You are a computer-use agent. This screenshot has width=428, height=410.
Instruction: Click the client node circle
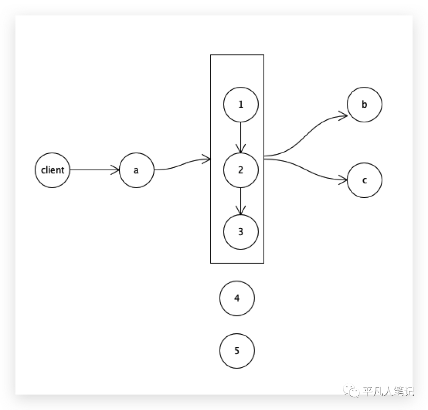(x=52, y=170)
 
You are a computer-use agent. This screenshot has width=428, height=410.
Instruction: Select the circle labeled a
(x=136, y=170)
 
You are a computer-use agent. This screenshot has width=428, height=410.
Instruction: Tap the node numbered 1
(x=241, y=105)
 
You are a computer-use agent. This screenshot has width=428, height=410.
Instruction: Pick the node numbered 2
(x=241, y=170)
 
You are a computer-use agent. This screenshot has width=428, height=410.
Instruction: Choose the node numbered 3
(x=241, y=232)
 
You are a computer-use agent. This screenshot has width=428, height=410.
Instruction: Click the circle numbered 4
(x=237, y=298)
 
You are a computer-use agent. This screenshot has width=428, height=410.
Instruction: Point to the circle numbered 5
(x=237, y=351)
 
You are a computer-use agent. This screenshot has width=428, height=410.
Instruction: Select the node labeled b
(x=365, y=105)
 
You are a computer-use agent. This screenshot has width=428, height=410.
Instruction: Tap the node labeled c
(x=365, y=180)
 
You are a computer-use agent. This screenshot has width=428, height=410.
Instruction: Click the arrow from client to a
(x=94, y=170)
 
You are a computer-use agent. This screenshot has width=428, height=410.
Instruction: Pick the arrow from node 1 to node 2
(x=241, y=137)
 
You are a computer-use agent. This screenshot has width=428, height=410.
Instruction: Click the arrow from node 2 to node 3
(x=241, y=201)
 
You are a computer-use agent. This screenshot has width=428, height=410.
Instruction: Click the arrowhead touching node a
(x=115, y=170)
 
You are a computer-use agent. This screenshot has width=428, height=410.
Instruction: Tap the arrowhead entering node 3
(x=241, y=211)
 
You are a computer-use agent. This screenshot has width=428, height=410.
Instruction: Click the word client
(x=52, y=170)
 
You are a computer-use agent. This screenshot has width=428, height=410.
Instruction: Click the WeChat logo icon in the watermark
(x=351, y=391)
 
